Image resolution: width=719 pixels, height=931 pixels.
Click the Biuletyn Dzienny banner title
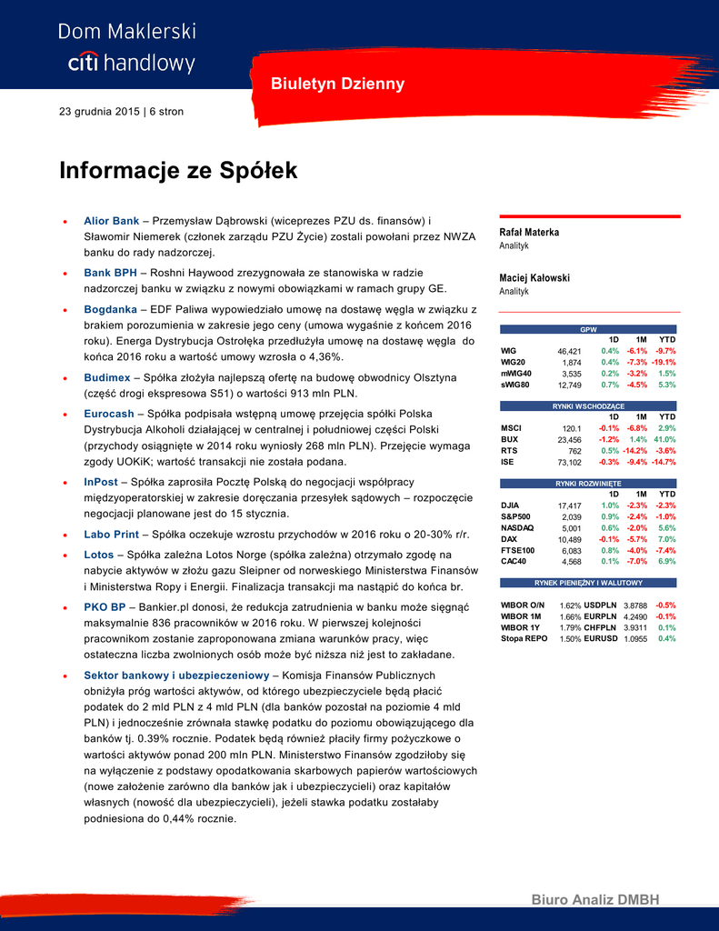pyautogui.click(x=337, y=85)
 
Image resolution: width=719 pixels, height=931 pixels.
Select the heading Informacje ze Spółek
pyautogui.click(x=178, y=171)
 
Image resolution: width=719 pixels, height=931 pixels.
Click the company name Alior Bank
pyautogui.click(x=111, y=221)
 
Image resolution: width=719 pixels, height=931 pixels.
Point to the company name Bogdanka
pyautogui.click(x=111, y=310)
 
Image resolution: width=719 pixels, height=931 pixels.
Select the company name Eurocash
pyautogui.click(x=109, y=414)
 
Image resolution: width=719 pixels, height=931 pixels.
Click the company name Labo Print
pyautogui.click(x=113, y=536)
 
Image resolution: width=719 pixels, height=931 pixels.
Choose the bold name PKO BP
pyautogui.click(x=105, y=606)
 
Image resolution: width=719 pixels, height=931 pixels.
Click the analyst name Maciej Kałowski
pyautogui.click(x=534, y=278)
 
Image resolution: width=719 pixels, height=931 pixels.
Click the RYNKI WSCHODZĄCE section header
pyautogui.click(x=588, y=405)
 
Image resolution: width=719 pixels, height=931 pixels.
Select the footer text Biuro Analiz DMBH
pyautogui.click(x=594, y=900)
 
